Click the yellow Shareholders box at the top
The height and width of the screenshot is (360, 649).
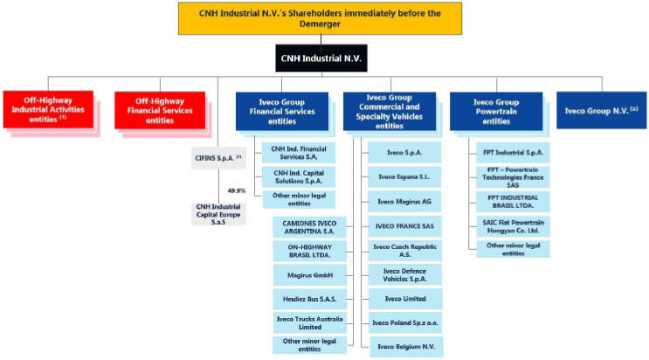pos(320,18)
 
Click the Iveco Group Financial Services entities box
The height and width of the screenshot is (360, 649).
pos(281,111)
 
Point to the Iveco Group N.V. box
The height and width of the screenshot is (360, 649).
pos(602,111)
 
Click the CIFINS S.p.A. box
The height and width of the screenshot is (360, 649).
pos(217,162)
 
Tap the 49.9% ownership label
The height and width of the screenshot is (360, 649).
pos(236,190)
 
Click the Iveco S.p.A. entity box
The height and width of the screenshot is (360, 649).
pos(406,153)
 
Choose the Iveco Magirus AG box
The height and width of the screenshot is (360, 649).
pos(406,202)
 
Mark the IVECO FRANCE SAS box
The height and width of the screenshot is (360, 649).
pos(406,225)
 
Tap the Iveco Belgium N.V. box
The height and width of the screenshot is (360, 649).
pos(406,347)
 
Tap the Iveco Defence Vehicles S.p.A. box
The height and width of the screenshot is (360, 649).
pos(406,274)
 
